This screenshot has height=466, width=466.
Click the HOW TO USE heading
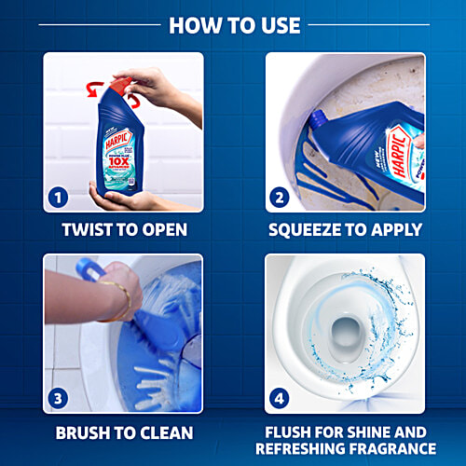[234, 24]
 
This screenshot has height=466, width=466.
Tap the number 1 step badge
[58, 198]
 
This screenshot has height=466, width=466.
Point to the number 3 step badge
[58, 399]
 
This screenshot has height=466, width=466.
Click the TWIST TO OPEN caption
[123, 230]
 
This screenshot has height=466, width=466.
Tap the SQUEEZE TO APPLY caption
[344, 230]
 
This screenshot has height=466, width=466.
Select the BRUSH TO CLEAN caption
[123, 433]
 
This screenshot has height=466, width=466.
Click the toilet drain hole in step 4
[344, 328]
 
